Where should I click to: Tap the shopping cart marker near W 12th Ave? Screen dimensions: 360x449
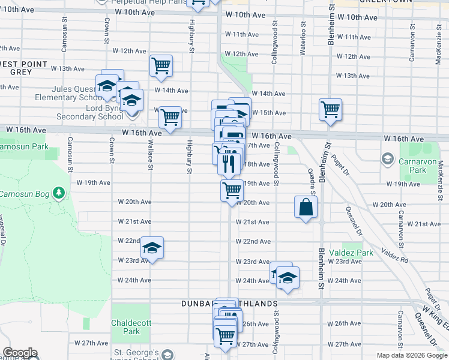pyautogui.click(x=161, y=66)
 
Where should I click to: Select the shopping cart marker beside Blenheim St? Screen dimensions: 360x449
pyautogui.click(x=330, y=110)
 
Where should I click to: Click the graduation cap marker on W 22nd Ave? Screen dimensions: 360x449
pyautogui.click(x=152, y=248)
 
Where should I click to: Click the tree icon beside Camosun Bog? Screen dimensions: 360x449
pyautogui.click(x=59, y=193)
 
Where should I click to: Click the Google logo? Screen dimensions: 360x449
pyautogui.click(x=20, y=353)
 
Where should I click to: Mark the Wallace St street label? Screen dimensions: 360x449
pyautogui.click(x=151, y=155)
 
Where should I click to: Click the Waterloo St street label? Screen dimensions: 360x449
pyautogui.click(x=303, y=38)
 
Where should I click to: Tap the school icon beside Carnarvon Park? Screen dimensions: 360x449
pyautogui.click(x=387, y=160)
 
